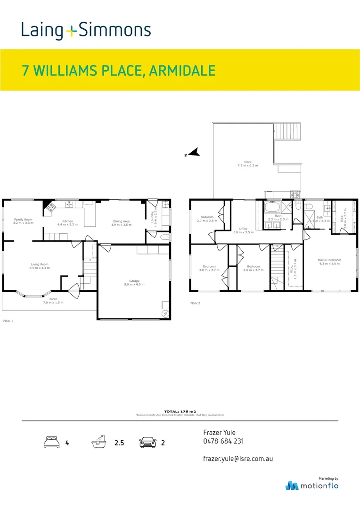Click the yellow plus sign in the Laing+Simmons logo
[71, 31]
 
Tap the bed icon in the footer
[51, 443]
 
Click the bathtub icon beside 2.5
[98, 443]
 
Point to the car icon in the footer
[148, 443]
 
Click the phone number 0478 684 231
[223, 442]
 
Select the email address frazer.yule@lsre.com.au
[238, 458]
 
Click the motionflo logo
[312, 485]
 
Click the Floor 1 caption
[8, 320]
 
